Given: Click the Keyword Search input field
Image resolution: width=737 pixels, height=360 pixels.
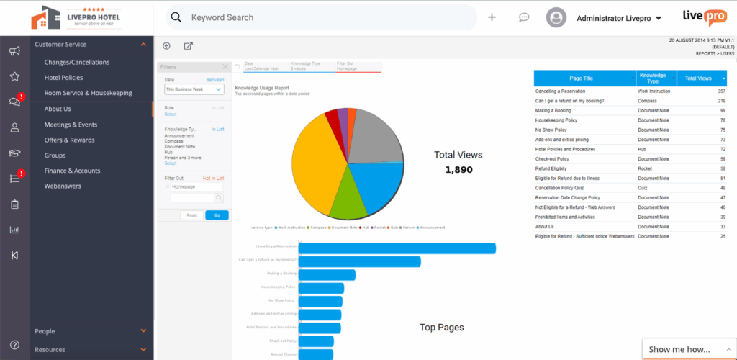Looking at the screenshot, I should coord(324,17).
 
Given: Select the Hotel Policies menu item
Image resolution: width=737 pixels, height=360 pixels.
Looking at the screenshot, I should coord(63,78).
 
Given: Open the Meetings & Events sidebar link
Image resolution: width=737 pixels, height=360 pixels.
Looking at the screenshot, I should coord(71,125).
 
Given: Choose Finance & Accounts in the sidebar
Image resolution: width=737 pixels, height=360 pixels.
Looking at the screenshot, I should coord(72,171).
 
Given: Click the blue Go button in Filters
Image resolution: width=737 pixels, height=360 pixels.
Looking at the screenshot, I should coord(217,215).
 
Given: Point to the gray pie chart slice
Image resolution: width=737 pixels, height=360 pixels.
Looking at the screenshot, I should coord(374,137).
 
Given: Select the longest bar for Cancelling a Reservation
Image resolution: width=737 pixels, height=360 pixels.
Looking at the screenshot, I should coord(397,248).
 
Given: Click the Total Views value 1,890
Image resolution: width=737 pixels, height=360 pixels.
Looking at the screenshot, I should coord(458,170).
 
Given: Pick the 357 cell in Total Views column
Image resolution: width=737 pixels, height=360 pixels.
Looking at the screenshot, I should coord(720,91).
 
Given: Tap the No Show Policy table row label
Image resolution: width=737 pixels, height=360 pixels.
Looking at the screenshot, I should coord(551,130).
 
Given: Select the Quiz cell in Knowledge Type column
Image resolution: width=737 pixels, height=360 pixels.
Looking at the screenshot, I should coord(643,187).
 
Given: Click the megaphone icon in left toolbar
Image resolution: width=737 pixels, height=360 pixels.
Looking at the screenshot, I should coord(14,51).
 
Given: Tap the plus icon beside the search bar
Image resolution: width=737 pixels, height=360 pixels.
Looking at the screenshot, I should coord(492,17).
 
